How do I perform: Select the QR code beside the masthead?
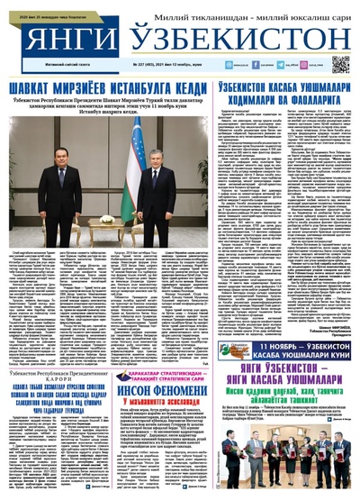click(x=339, y=64)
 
